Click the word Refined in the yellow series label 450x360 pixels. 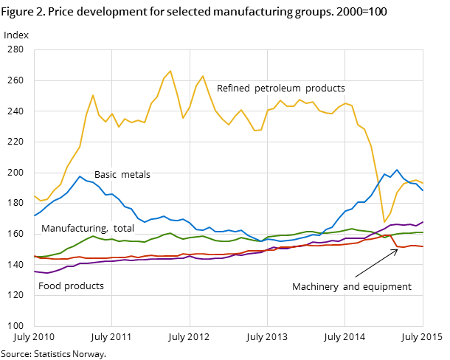pyautogui.click(x=234, y=89)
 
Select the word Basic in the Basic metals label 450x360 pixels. pyautogui.click(x=107, y=175)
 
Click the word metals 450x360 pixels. pyautogui.click(x=136, y=175)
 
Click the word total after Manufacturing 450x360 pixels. pyautogui.click(x=123, y=229)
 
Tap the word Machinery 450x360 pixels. pyautogui.click(x=315, y=287)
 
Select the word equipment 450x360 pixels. pyautogui.click(x=387, y=287)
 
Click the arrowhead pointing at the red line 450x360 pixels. pyautogui.click(x=396, y=250)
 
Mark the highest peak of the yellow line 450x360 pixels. pyautogui.click(x=170, y=71)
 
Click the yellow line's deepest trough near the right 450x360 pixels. pyautogui.click(x=384, y=222)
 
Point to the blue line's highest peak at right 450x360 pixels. pyautogui.click(x=397, y=170)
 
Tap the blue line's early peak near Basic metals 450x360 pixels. pyautogui.click(x=80, y=176)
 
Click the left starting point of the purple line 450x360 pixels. pyautogui.click(x=34, y=271)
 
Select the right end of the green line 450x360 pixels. pyautogui.click(x=423, y=232)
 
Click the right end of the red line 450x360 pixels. pyautogui.click(x=423, y=246)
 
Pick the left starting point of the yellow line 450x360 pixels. pyautogui.click(x=34, y=195)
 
